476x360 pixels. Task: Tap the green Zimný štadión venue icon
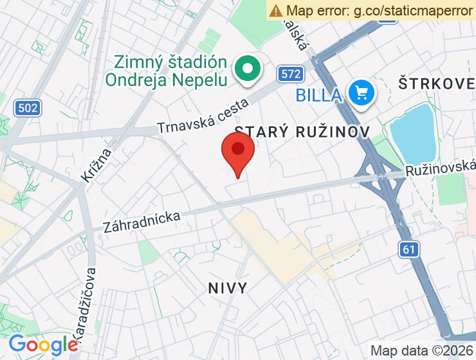246,69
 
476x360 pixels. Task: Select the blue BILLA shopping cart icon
362,93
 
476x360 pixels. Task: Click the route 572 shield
291,74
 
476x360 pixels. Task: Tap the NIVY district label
228,287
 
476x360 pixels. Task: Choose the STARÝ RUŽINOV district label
302,131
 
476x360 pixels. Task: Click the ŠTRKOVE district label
436,83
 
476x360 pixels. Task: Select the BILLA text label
318,95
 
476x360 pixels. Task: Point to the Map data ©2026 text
421,350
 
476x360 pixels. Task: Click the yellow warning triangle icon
276,10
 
